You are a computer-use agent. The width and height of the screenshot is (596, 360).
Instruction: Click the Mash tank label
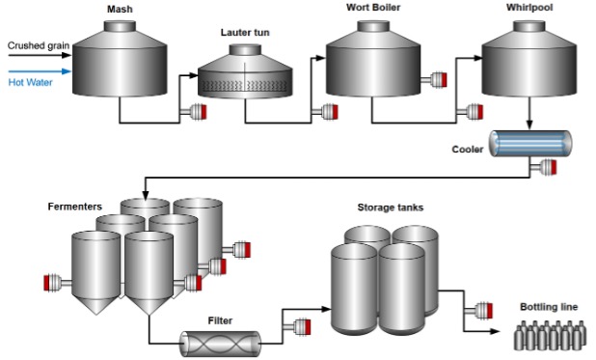point(120,9)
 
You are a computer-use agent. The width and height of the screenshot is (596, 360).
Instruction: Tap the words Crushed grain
point(39,45)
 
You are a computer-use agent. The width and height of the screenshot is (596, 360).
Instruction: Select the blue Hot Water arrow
point(40,71)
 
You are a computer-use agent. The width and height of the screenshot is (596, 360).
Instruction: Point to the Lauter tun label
point(245,33)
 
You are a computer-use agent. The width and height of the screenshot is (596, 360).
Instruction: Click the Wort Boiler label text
point(373,7)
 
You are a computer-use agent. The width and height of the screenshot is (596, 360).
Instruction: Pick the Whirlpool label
point(529,7)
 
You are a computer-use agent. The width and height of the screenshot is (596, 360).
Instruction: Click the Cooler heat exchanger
point(530,144)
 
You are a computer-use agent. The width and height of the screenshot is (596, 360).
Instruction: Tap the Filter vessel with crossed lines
point(221,344)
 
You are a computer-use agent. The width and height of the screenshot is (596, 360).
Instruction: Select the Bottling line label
point(549,307)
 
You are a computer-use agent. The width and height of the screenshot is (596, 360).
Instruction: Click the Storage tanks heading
point(391,208)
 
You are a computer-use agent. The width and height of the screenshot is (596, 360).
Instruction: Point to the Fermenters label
point(75,207)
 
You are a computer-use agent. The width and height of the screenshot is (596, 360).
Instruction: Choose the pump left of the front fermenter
point(58,283)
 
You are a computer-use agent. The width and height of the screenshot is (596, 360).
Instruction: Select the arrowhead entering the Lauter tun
point(194,75)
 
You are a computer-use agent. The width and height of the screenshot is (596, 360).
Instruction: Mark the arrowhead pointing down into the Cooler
point(529,125)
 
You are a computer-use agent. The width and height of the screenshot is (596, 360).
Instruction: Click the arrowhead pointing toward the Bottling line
point(495,331)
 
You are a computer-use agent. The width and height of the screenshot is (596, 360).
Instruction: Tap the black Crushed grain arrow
point(40,55)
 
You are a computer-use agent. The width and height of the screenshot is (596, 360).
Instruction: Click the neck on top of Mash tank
point(120,26)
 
